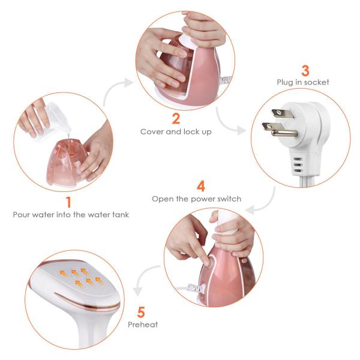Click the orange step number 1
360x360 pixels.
point(68,202)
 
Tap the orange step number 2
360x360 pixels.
point(176,118)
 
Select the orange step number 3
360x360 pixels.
point(305,70)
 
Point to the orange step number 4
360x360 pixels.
point(201,186)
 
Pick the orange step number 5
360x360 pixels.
point(141,312)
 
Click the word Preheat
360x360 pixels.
point(143,325)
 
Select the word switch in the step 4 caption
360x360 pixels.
point(229,199)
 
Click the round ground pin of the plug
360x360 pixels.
point(284,133)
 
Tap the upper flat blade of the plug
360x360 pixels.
point(283,113)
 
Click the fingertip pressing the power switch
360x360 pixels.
point(207,262)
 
